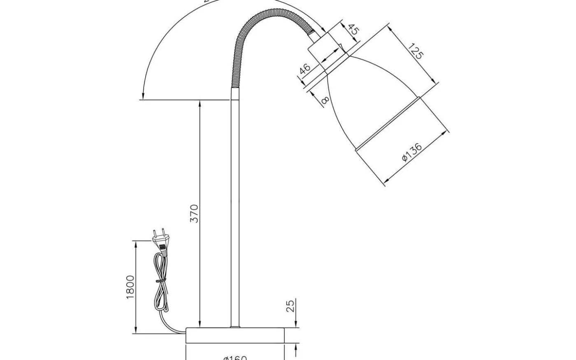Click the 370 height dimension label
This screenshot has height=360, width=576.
click(194, 214)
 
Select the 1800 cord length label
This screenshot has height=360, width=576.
click(130, 287)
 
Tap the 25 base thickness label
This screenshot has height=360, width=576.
click(290, 306)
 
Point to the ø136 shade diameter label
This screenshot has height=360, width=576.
click(412, 152)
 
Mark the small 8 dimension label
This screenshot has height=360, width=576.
click(325, 100)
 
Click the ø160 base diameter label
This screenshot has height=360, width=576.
click(235, 357)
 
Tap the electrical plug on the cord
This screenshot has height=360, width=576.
click(160, 242)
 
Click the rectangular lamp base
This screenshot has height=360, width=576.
click(235, 335)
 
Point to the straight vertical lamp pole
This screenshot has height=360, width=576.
click(235, 206)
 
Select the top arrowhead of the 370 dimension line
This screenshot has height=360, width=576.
click(200, 103)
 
